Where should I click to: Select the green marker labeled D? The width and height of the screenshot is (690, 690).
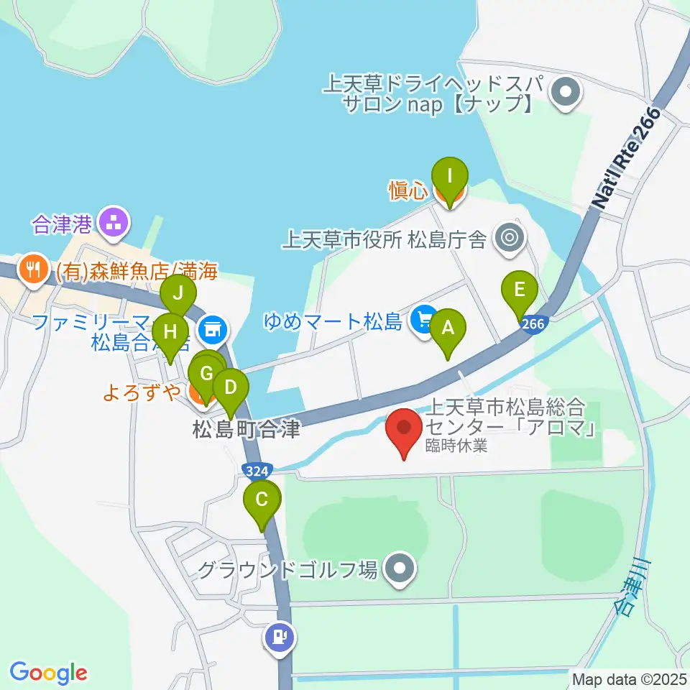point(231,389)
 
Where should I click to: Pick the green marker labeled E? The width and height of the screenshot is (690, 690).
point(521,290)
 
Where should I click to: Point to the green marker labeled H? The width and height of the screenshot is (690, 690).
point(170,332)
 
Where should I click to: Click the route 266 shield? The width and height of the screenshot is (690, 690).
point(533,324)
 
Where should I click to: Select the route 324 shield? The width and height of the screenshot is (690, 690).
point(257,471)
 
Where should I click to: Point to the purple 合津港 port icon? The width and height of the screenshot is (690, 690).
point(114,222)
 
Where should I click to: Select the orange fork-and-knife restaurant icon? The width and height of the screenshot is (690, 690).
point(32,270)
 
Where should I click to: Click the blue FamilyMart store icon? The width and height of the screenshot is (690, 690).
point(212,330)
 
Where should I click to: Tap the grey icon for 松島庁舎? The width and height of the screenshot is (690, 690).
point(510,236)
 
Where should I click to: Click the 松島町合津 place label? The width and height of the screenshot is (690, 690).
point(246,430)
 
